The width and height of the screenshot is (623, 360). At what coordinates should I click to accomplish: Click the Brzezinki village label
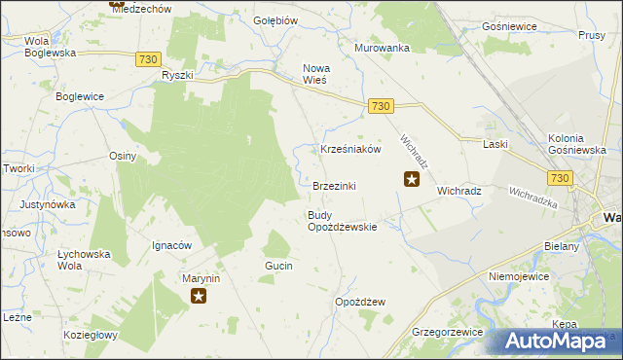334,186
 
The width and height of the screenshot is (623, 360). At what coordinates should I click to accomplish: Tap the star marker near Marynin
200,296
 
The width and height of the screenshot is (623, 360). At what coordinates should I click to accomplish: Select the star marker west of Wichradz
412,179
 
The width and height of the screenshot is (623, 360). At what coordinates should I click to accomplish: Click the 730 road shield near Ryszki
148,59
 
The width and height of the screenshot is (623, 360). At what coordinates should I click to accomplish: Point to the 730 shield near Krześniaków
381,106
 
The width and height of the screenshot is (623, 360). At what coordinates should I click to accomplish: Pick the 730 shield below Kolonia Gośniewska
559,178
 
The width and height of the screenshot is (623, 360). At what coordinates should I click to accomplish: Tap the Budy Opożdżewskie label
342,221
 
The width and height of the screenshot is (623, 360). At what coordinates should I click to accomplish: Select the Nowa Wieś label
316,74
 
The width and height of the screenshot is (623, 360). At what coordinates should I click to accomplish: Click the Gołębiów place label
275,20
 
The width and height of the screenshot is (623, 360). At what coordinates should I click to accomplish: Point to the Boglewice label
80,96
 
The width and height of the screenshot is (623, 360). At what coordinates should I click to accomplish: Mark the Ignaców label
170,245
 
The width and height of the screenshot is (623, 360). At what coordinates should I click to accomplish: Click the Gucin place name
278,266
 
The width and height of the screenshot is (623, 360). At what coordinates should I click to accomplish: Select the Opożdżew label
360,302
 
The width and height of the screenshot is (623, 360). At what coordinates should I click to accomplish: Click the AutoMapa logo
561,341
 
